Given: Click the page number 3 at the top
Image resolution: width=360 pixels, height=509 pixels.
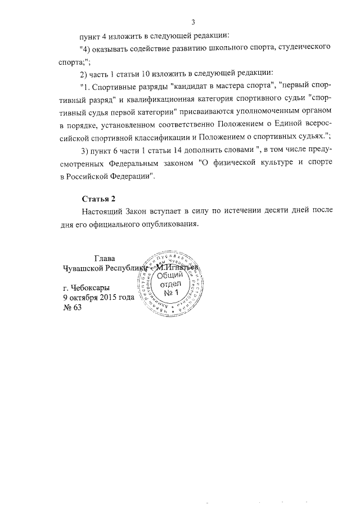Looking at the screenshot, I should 192,22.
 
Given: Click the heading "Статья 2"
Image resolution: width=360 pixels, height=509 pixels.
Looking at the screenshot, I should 98,199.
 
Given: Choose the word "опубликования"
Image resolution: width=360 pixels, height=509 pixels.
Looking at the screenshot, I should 172,224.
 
